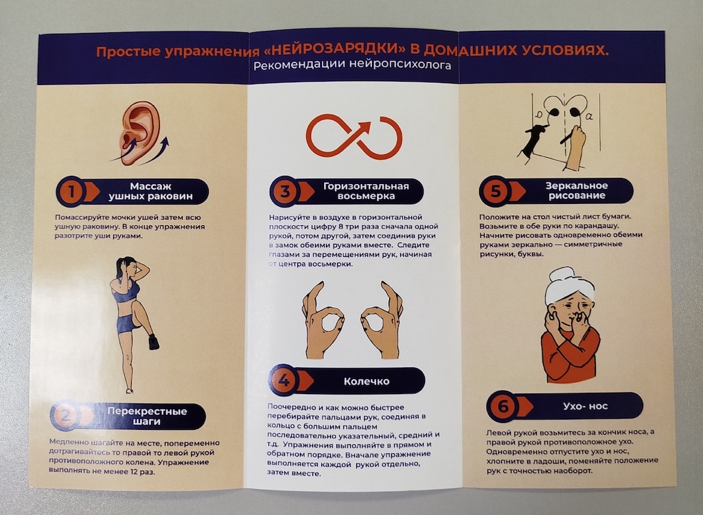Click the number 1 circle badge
point(71,192)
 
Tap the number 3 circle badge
point(285,192)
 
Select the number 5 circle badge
point(495,191)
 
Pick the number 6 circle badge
point(503,407)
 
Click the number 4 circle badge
point(284,380)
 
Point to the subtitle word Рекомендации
point(299,66)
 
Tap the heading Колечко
point(367,381)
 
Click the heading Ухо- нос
point(585,407)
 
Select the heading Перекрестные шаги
point(147,416)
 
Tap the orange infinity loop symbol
point(354,137)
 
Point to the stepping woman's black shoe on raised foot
point(154,342)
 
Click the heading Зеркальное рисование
point(577,191)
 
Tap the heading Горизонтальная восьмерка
point(366,191)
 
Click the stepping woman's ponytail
point(119,270)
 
